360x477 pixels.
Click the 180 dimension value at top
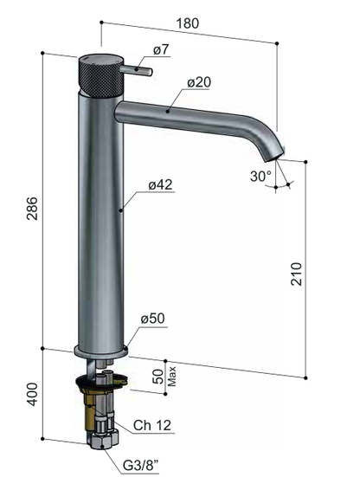[188, 23]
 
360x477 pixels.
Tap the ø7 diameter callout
[161, 49]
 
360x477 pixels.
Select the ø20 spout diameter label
[199, 82]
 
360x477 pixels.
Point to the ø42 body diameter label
[160, 184]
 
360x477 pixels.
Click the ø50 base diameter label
[152, 319]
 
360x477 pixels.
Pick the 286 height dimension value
[32, 209]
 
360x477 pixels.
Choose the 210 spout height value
[297, 274]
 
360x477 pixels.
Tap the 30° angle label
[260, 176]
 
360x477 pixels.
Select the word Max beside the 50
[172, 377]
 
